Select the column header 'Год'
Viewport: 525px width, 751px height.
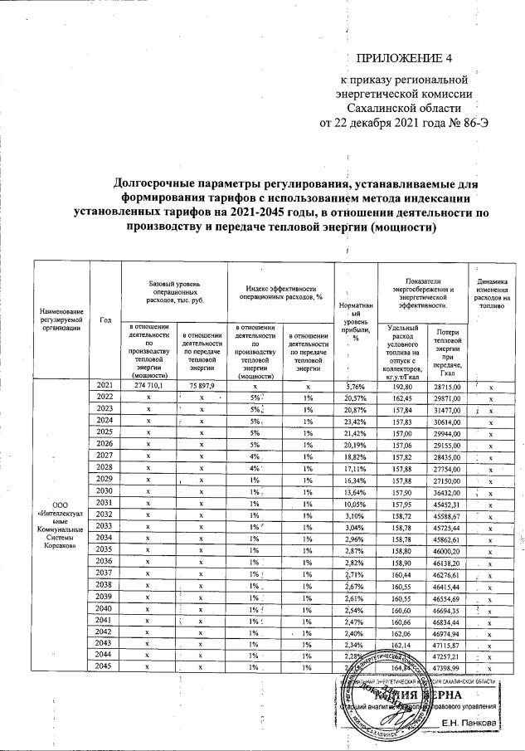pyautogui.click(x=105, y=320)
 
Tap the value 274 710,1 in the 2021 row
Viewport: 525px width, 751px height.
pyautogui.click(x=148, y=386)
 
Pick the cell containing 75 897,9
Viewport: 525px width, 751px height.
pyautogui.click(x=200, y=386)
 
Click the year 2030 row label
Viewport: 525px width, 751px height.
pyautogui.click(x=105, y=490)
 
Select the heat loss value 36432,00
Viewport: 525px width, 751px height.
pyautogui.click(x=448, y=490)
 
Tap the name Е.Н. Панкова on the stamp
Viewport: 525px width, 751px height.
pyautogui.click(x=469, y=724)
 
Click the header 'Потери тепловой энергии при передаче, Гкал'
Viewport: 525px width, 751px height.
pyautogui.click(x=448, y=353)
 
